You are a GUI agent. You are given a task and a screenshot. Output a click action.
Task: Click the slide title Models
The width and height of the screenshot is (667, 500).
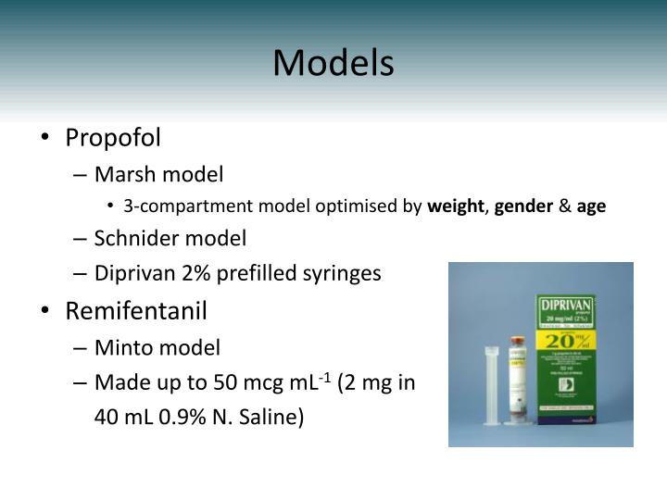333,63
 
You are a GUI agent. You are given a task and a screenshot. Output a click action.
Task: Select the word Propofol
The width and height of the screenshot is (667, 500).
113,138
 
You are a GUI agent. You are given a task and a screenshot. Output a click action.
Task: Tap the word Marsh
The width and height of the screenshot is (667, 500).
124,174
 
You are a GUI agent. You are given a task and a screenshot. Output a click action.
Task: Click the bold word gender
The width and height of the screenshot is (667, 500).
522,206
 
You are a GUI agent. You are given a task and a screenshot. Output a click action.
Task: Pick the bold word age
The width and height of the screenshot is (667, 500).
591,206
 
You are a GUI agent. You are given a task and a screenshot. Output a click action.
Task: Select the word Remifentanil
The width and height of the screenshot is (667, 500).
136,310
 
